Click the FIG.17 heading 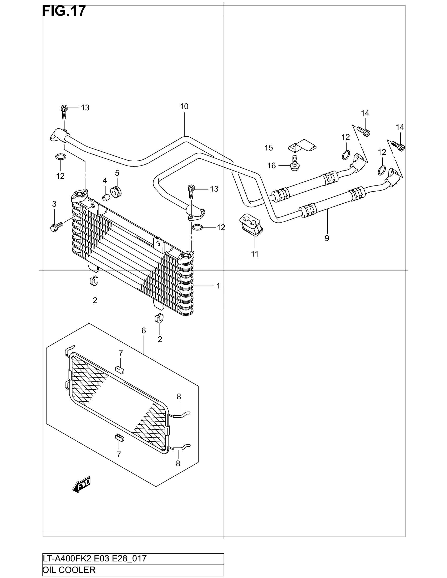[64, 11]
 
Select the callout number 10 [184, 106]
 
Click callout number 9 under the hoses [327, 238]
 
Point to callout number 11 [255, 254]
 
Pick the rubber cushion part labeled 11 [251, 224]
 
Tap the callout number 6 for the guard [144, 330]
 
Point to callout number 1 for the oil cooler [218, 286]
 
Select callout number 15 [268, 148]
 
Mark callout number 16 [271, 166]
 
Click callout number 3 [54, 204]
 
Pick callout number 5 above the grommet [117, 173]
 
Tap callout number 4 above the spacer [105, 181]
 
